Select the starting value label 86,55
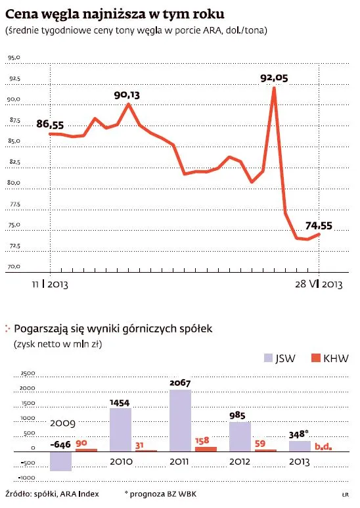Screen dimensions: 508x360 click(50, 124)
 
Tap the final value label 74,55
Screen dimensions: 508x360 click(319, 225)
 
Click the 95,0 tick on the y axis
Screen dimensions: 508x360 click(14, 58)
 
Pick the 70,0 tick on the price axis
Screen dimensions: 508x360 click(14, 267)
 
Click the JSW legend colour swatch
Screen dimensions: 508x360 click(267, 358)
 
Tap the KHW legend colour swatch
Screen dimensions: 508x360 click(315, 358)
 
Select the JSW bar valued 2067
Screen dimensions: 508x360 click(180, 421)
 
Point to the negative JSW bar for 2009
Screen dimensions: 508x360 click(60, 461)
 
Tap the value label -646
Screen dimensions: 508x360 click(60, 445)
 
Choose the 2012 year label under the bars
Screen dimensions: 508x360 click(241, 462)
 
